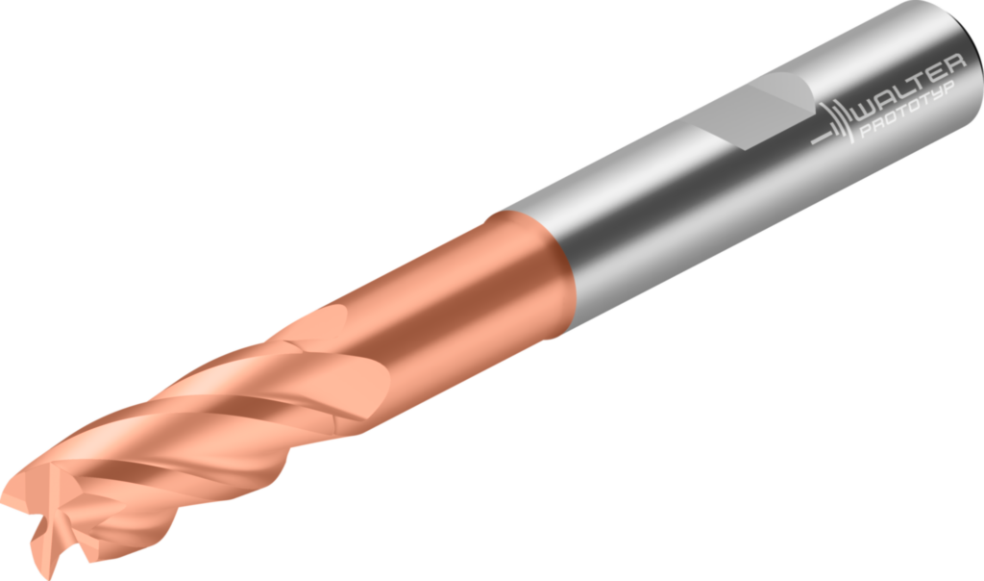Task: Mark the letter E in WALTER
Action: tap(937, 74)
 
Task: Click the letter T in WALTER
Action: tap(920, 81)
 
